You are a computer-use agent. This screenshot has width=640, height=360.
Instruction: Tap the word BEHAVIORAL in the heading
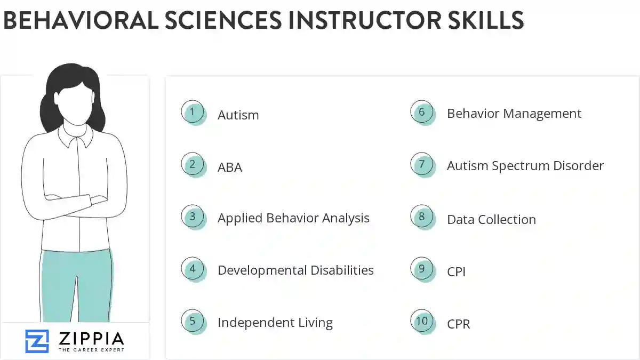click(80, 20)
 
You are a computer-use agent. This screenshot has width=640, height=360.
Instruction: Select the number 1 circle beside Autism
click(193, 113)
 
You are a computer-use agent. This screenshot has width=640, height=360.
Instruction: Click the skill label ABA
click(230, 167)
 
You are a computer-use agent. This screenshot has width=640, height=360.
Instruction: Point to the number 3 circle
click(193, 217)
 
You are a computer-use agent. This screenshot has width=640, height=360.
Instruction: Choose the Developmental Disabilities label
click(295, 270)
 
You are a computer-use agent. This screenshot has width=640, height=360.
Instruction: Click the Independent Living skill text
click(275, 323)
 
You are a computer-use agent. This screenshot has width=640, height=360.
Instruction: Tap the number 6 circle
click(422, 113)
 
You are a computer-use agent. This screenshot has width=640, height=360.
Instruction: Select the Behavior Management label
click(514, 114)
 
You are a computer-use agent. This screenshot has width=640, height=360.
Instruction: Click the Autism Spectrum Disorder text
click(525, 166)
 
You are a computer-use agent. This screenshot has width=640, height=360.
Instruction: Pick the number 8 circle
click(422, 217)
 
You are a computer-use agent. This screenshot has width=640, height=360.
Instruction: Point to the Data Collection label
click(491, 219)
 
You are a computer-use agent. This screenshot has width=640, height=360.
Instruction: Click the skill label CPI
click(457, 271)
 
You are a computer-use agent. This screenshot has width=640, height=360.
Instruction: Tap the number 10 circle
click(422, 321)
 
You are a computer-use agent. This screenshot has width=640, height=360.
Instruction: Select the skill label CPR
click(459, 324)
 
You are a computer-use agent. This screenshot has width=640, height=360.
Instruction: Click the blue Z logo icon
click(37, 341)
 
